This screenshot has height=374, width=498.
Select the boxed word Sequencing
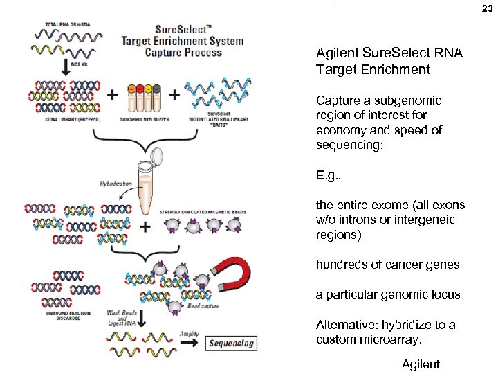[x=231, y=343]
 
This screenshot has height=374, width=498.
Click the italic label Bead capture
[x=205, y=305]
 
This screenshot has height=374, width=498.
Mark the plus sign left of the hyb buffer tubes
[x=112, y=93]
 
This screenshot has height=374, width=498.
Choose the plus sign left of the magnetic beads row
[x=145, y=226]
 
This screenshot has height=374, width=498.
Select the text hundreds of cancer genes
[x=387, y=264]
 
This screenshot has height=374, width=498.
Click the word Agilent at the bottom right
[x=420, y=364]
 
